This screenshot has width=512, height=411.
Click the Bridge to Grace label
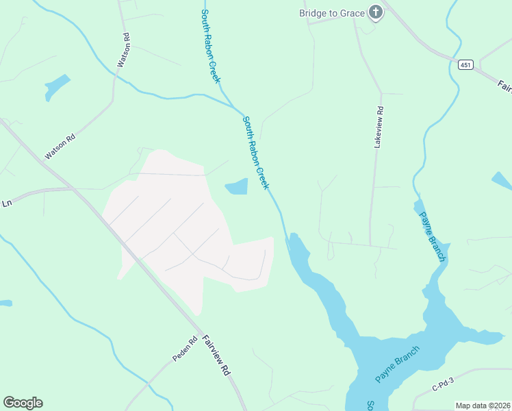(x=332, y=12)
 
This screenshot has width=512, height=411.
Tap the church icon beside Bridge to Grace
(x=374, y=12)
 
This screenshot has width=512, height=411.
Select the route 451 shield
(x=465, y=64)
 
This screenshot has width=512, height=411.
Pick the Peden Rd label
(x=185, y=349)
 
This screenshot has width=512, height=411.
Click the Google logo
(x=23, y=403)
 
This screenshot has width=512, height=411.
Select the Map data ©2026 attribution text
(x=483, y=406)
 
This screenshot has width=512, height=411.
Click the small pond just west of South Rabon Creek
(x=237, y=186)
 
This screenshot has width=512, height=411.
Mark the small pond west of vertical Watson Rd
(x=57, y=86)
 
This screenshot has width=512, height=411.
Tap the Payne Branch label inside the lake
(x=397, y=364)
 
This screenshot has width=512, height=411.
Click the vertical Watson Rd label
(x=123, y=49)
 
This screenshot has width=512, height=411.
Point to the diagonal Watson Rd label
(x=61, y=147)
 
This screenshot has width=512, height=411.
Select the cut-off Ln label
(x=7, y=203)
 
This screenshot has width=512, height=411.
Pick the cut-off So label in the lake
(x=369, y=405)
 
